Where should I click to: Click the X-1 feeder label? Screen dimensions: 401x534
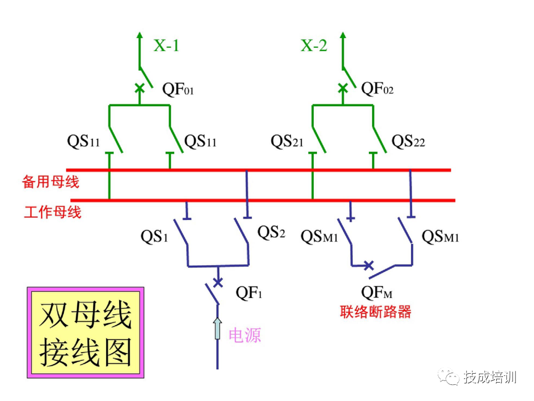[166, 46]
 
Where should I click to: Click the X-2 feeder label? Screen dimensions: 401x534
[314, 46]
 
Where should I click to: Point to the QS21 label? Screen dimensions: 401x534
[287, 142]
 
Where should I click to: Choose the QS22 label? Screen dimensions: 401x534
[408, 142]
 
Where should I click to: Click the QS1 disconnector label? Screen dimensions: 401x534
[154, 237]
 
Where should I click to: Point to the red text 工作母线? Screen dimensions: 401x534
[53, 212]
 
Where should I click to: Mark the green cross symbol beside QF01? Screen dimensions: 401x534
[140, 88]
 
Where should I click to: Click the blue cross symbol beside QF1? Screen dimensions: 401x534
[218, 282]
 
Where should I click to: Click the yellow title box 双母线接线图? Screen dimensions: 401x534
[86, 332]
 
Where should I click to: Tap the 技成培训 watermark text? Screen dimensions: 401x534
[489, 377]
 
